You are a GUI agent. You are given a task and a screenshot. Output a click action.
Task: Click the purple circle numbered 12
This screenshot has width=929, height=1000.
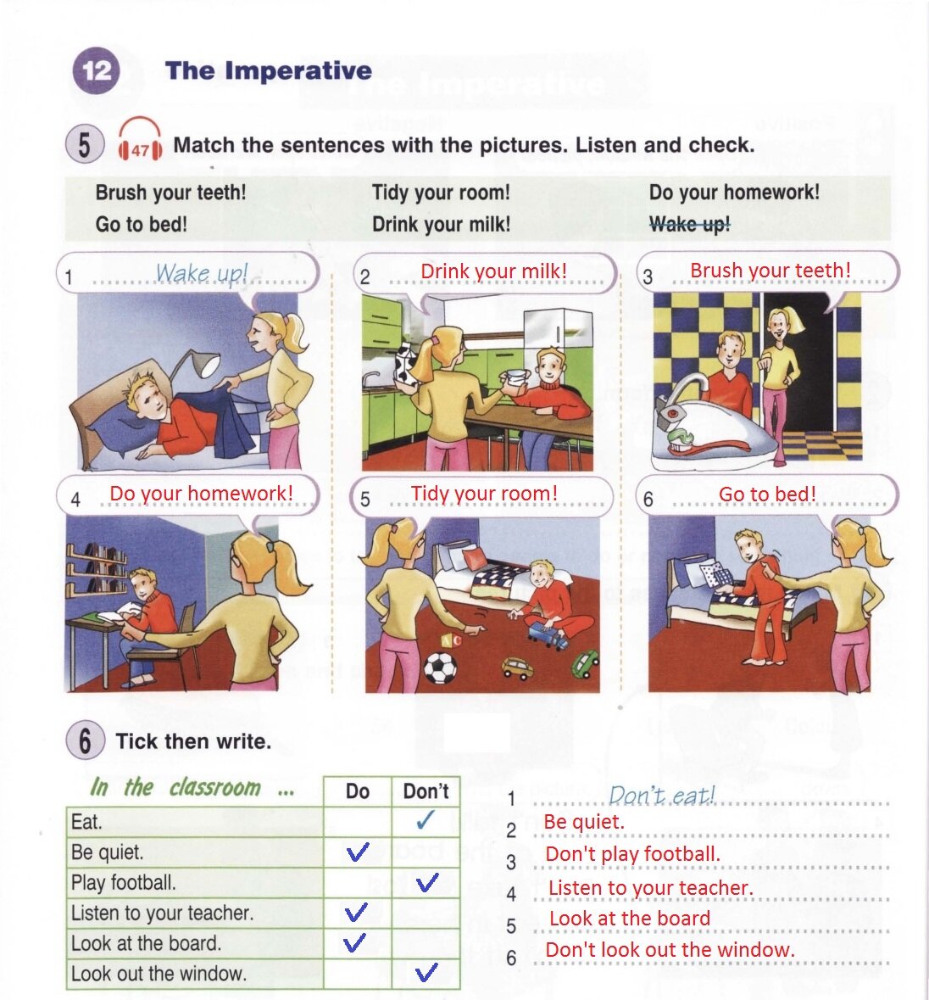coord(97,70)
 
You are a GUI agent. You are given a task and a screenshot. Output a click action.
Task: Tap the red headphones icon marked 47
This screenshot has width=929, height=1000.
coord(140,138)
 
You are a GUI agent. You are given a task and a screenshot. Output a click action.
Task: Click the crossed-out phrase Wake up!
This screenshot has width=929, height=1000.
coord(689,224)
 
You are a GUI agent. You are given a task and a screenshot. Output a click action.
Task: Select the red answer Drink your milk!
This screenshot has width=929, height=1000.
coord(494,271)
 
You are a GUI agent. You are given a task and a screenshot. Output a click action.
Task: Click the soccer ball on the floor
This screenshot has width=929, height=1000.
coord(440,668)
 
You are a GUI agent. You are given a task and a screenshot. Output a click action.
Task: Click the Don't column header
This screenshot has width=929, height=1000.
coord(426,791)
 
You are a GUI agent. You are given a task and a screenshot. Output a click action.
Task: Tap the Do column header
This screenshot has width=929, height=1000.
coord(358,791)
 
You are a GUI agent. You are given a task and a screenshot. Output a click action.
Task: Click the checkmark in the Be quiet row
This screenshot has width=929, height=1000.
coord(358,852)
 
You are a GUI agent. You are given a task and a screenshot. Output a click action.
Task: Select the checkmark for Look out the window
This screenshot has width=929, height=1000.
coord(426,972)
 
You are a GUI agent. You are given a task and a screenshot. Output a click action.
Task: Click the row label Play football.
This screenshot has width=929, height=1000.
coord(124,883)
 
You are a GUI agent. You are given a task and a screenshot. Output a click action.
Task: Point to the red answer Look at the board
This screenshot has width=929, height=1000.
coord(630,919)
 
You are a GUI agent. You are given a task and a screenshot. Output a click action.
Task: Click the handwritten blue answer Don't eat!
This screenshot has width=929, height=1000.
coord(662,796)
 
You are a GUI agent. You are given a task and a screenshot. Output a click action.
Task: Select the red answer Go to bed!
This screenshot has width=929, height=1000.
coord(767,494)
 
